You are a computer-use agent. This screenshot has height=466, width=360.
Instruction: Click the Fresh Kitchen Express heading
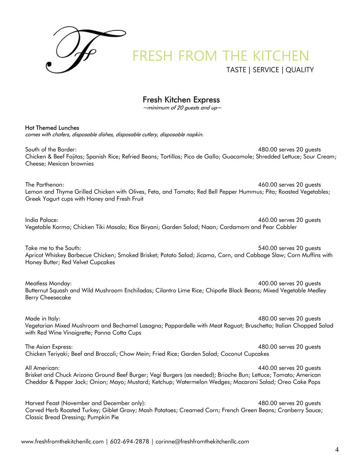(x=181, y=100)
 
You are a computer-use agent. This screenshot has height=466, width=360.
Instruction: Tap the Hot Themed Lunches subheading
(x=52, y=128)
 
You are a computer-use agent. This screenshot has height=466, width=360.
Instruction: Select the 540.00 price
(x=267, y=248)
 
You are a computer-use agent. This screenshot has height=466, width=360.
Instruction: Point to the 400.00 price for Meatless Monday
(x=267, y=283)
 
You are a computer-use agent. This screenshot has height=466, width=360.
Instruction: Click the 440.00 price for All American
(x=267, y=368)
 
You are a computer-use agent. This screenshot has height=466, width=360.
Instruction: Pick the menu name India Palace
(x=41, y=220)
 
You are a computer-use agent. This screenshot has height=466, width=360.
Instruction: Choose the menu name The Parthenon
(x=44, y=185)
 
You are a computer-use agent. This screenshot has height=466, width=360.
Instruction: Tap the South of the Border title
(x=50, y=149)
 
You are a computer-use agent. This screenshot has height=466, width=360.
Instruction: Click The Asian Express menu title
(x=49, y=347)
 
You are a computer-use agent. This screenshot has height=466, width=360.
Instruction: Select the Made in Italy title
(x=42, y=319)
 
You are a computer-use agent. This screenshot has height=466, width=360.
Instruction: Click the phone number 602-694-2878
(x=130, y=442)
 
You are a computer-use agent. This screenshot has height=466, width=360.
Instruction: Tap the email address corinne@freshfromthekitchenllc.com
(x=202, y=442)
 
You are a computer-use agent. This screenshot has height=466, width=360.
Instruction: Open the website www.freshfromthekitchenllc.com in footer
(x=63, y=442)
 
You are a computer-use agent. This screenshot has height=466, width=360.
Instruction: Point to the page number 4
(x=337, y=449)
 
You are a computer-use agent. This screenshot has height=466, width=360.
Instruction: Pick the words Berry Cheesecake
(x=48, y=297)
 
